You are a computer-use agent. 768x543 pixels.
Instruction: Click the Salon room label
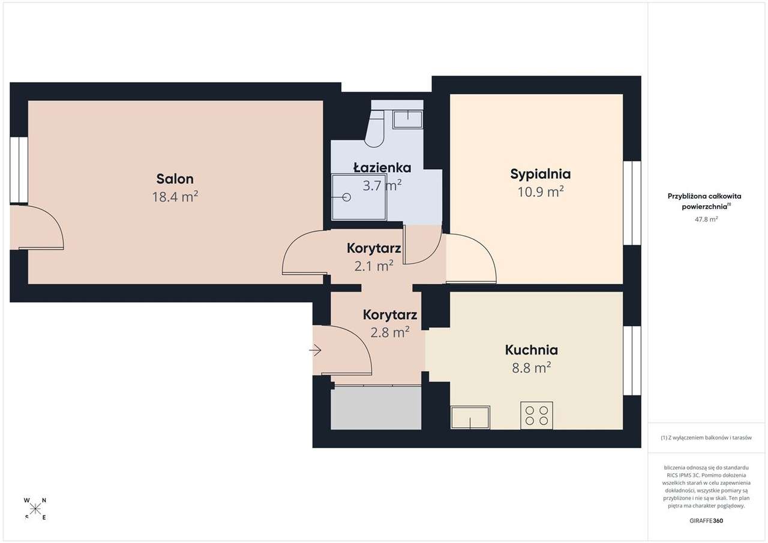tap(175, 179)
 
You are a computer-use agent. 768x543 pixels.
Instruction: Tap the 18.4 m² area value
tap(175, 196)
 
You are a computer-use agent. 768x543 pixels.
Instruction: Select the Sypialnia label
tap(540, 174)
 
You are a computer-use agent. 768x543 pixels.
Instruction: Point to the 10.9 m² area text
tap(540, 192)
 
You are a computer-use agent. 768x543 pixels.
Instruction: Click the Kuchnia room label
tap(531, 350)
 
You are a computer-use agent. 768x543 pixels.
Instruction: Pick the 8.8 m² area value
tap(531, 368)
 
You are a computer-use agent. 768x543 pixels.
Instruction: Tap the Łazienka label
tap(382, 167)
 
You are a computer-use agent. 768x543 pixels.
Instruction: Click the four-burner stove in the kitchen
tap(536, 415)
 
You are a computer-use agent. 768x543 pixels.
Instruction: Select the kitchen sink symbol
tap(470, 418)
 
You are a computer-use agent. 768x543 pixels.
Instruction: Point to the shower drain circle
tap(346, 197)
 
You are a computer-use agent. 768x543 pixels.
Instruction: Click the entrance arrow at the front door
tap(316, 350)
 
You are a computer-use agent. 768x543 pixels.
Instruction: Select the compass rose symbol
tap(35, 509)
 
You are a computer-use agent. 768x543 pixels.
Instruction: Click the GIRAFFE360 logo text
tap(706, 521)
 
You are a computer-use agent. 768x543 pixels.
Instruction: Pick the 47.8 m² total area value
tap(706, 220)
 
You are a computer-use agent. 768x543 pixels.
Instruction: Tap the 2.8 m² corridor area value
tap(390, 332)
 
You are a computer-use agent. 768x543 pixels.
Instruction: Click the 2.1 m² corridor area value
tap(374, 265)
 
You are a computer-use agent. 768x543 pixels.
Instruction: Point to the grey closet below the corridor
tap(376, 408)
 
